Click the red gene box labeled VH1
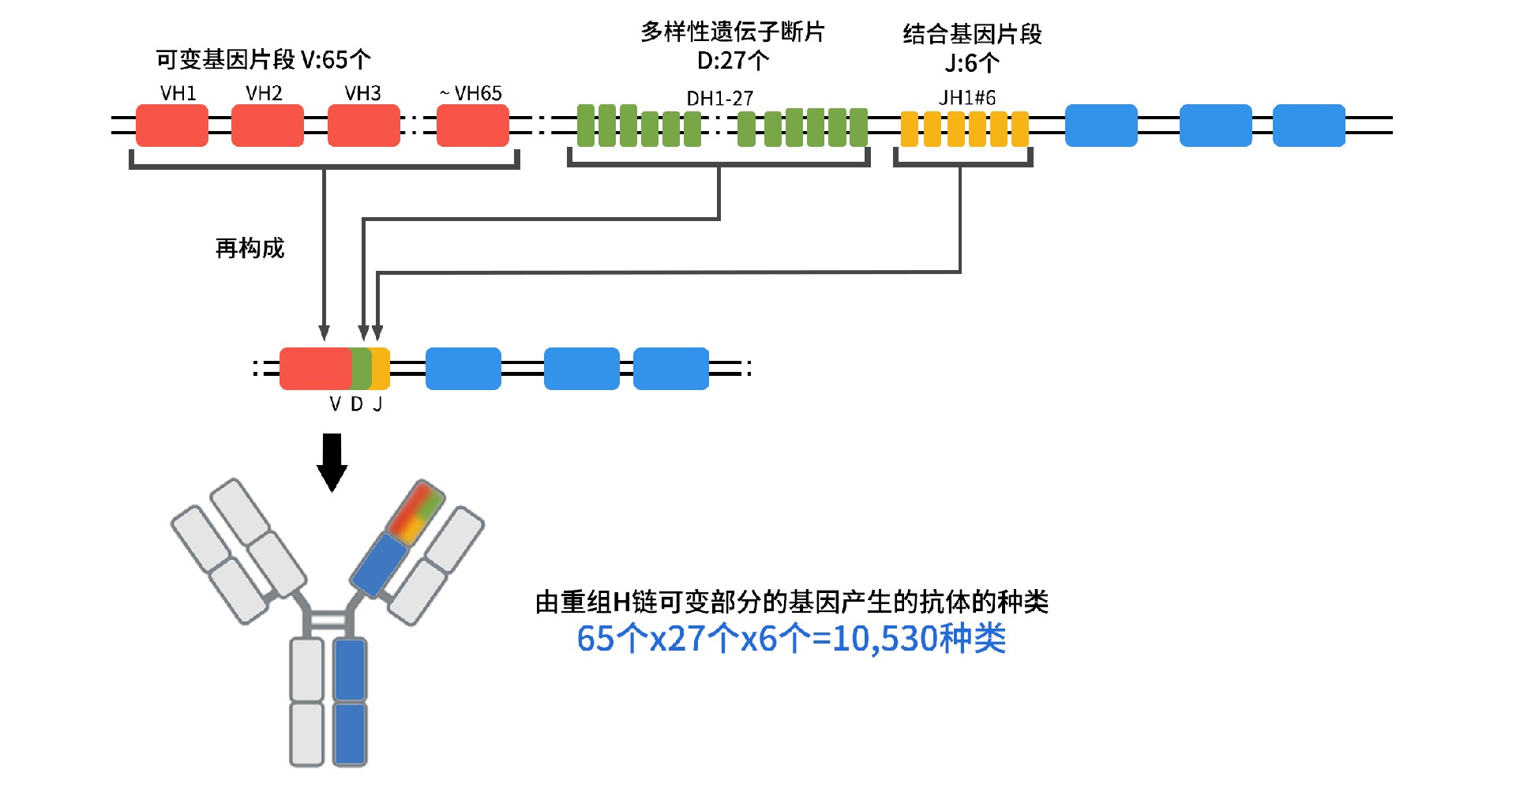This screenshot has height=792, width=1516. click(x=171, y=126)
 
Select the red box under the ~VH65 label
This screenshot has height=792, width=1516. click(x=472, y=126)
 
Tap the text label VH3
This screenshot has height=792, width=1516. click(x=362, y=93)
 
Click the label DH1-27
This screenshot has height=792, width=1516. click(x=719, y=99)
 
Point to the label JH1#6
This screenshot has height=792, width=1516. click(x=966, y=98)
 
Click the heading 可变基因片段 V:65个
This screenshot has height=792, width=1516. click(x=263, y=59)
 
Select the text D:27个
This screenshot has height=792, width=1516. click(x=732, y=61)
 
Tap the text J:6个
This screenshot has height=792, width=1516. click(x=971, y=63)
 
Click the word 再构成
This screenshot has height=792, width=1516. click(x=250, y=249)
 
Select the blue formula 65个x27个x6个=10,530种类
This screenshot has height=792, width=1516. click(x=791, y=639)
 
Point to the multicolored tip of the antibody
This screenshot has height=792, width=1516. click(x=415, y=512)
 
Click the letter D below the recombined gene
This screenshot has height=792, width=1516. click(x=357, y=404)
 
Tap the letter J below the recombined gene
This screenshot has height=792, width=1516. click(x=377, y=404)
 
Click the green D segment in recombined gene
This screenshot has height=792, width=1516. click(x=361, y=369)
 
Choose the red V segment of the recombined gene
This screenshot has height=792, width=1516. click(x=315, y=369)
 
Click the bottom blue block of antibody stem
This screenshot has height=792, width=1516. click(x=349, y=734)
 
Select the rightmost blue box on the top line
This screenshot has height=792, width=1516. click(x=1308, y=126)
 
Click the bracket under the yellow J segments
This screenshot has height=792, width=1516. click(x=963, y=163)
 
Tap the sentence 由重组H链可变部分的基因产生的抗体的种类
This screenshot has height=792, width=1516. click(x=791, y=602)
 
